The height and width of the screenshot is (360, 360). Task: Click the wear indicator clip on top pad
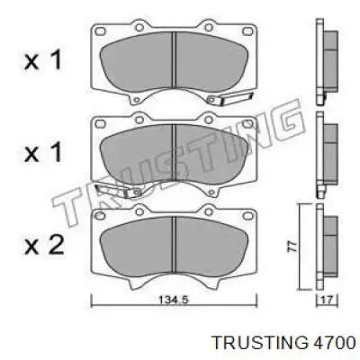(x=224, y=102)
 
